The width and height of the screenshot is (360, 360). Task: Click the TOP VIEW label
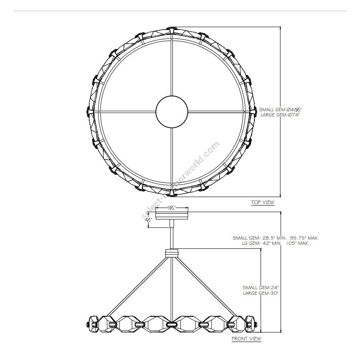click(263, 202)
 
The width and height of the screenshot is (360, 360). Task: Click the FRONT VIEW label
click(246, 339)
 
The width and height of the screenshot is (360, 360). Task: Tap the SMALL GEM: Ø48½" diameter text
click(280, 110)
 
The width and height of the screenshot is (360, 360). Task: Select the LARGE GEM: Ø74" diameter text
click(280, 115)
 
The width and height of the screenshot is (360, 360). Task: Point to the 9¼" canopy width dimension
click(172, 208)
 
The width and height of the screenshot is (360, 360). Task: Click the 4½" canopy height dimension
click(148, 220)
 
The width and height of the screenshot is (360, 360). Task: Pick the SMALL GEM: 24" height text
click(260, 288)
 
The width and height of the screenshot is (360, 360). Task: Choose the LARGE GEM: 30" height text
click(260, 293)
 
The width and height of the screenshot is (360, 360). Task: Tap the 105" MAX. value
click(298, 243)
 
